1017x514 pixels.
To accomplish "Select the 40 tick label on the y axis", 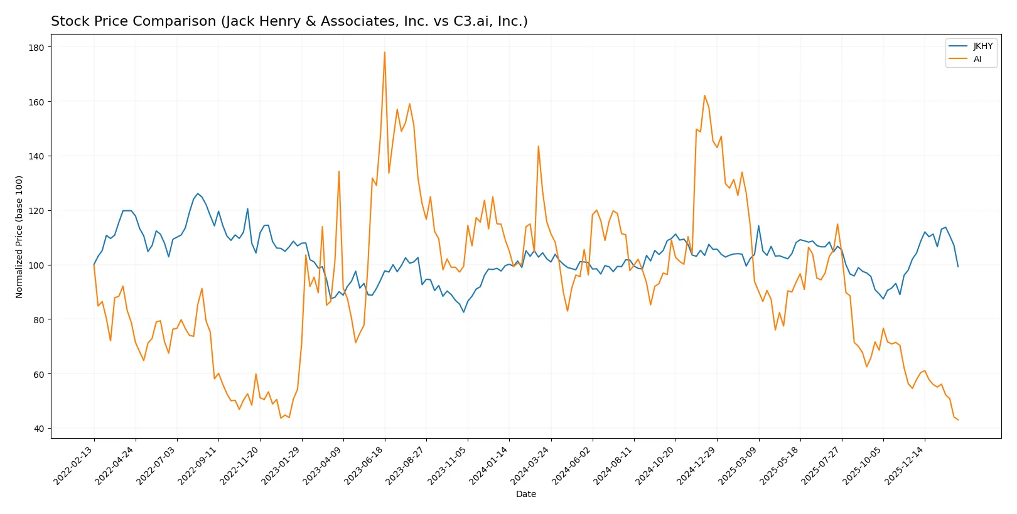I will [x=39, y=429].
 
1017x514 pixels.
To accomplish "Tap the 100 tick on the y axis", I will [x=36, y=265].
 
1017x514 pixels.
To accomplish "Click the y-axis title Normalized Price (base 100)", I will [x=19, y=237].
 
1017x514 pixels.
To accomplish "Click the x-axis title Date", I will [x=525, y=494].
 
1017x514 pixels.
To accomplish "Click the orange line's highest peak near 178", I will [x=385, y=52].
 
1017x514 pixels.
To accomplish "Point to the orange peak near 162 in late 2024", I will [x=704, y=95].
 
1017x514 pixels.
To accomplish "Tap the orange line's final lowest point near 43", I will [x=958, y=420].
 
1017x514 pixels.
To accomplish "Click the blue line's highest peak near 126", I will [x=198, y=193].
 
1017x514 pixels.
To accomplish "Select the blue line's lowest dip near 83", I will [x=464, y=312].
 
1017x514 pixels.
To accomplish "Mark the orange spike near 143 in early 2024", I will [x=538, y=146].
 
